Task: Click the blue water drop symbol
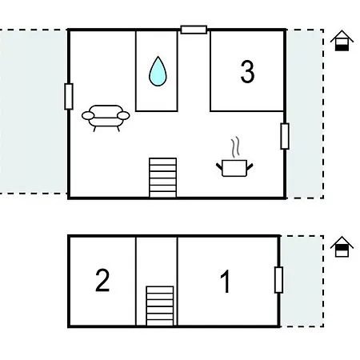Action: click(x=158, y=71)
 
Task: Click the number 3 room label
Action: click(x=247, y=71)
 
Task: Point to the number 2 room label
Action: click(x=102, y=280)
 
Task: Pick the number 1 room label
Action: click(x=226, y=281)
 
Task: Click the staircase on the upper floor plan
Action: click(x=163, y=178)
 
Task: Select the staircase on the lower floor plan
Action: click(x=160, y=306)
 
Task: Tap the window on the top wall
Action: click(x=194, y=30)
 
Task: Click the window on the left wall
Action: click(x=69, y=96)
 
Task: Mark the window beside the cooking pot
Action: click(x=285, y=136)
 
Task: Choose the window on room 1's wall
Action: click(x=278, y=280)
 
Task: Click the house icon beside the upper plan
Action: click(x=342, y=41)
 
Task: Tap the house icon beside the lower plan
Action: click(x=342, y=246)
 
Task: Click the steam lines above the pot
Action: click(x=235, y=147)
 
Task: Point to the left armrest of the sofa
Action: click(x=88, y=115)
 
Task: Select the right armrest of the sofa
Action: click(x=123, y=115)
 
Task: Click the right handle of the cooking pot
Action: click(x=250, y=167)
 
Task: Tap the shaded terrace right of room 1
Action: click(x=302, y=281)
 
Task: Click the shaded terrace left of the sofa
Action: click(x=33, y=111)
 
